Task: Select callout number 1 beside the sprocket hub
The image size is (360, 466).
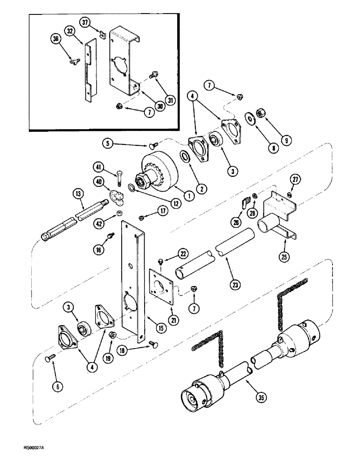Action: [x=176, y=196]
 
